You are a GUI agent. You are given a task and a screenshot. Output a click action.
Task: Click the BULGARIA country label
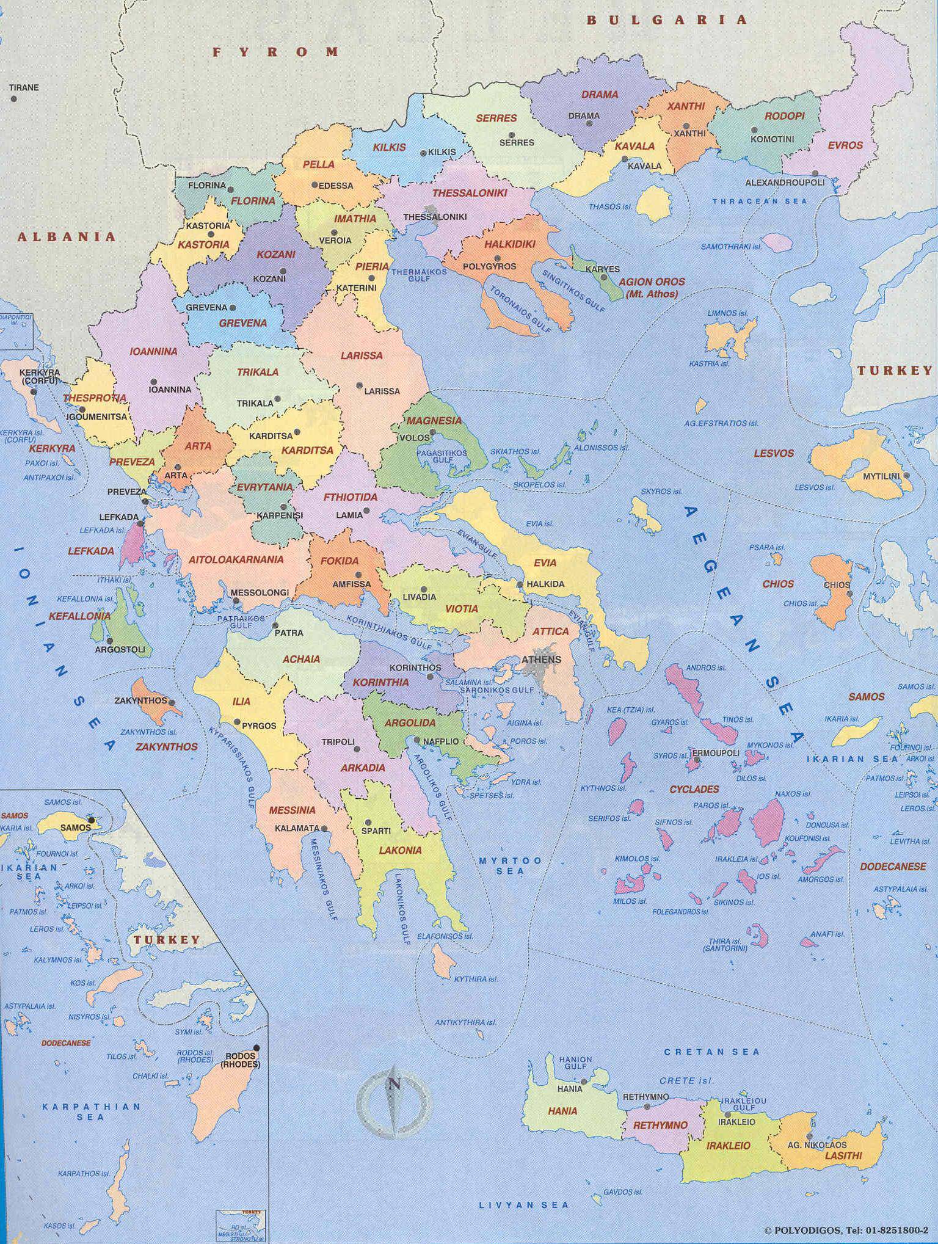[666, 20]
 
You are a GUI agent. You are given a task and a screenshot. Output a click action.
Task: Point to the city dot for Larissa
[360, 386]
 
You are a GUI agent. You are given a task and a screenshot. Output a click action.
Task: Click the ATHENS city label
[540, 659]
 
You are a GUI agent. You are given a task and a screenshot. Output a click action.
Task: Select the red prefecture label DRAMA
[599, 95]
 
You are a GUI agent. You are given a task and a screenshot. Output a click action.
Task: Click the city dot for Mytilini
[907, 476]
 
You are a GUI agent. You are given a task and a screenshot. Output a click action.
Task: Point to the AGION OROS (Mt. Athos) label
[652, 288]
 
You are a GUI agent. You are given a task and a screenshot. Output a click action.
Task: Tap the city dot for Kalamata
[324, 828]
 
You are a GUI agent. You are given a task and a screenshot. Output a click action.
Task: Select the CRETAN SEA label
[712, 1052]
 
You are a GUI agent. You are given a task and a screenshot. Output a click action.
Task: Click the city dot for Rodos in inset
[256, 1047]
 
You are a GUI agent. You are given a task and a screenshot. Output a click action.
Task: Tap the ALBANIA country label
[66, 237]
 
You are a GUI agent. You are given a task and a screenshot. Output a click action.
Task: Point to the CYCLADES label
[694, 789]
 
